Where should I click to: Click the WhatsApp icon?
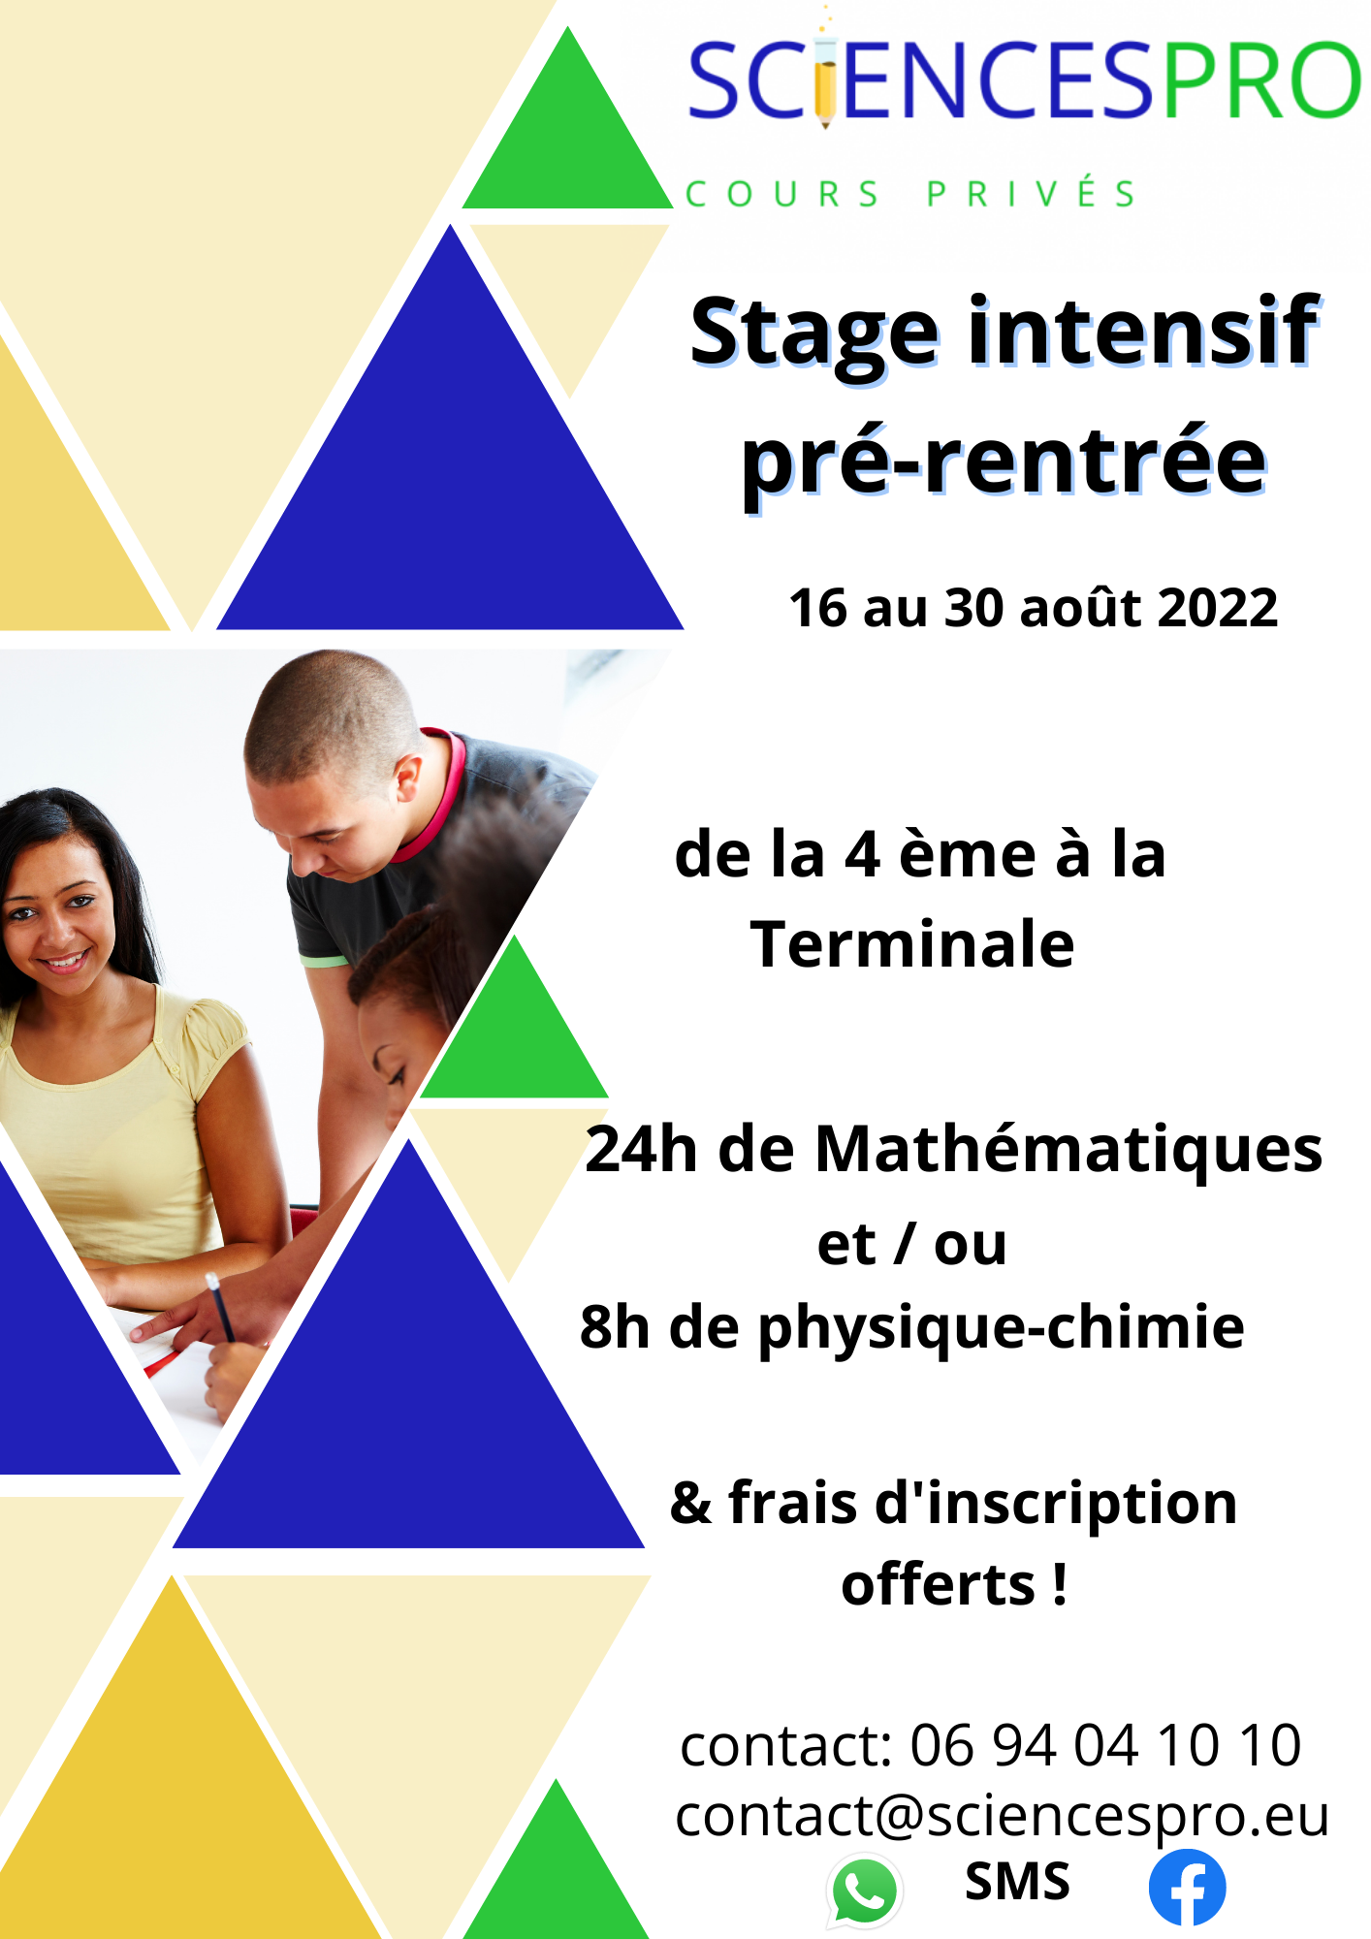864,1890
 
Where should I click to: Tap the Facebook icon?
1187,1887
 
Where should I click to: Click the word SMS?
1017,1882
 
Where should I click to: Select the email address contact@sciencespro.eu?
1002,1816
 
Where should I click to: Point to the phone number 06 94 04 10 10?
1105,1745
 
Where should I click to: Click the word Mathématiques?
1068,1149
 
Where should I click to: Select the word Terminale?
912,944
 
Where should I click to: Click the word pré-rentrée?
1004,463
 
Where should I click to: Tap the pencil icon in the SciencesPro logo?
825,78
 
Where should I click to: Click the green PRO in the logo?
1261,80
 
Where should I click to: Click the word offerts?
939,1584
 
